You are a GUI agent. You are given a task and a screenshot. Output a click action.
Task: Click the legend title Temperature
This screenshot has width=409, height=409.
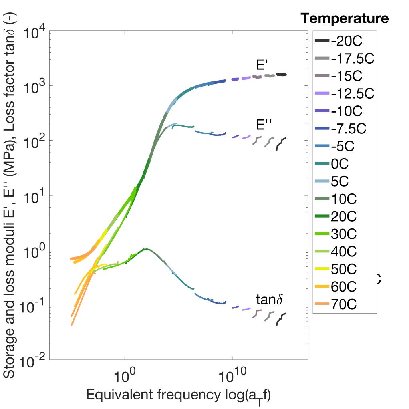coord(344,18)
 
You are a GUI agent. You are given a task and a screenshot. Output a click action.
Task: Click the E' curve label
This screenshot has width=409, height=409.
coord(262,65)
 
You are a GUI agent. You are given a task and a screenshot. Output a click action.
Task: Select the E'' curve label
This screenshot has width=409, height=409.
coord(263,125)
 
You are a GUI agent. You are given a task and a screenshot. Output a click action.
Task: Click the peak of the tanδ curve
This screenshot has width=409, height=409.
coord(147,249)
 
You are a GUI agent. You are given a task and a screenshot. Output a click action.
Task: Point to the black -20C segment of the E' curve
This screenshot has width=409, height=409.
coord(282,74)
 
